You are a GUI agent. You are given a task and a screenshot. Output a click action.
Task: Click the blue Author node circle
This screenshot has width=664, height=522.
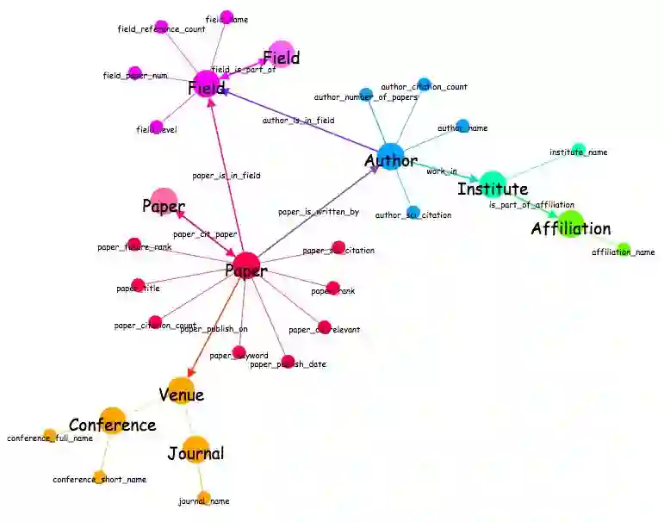point(390,156)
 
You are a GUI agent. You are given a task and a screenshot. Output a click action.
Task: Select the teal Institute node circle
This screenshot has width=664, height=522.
point(492,183)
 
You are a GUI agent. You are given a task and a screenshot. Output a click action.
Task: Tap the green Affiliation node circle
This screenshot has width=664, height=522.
point(569,223)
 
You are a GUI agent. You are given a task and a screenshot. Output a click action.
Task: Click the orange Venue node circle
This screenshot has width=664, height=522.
point(180,390)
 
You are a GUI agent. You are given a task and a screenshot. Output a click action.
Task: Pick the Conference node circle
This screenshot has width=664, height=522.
point(113,420)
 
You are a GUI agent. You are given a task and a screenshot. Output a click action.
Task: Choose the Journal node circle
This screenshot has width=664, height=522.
point(195,449)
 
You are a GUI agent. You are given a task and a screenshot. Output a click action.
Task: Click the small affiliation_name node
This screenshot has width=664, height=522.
point(624,250)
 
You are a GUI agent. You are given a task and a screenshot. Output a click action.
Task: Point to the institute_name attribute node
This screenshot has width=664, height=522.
point(579,149)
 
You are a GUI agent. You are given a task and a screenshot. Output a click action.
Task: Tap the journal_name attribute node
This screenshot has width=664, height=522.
point(204,497)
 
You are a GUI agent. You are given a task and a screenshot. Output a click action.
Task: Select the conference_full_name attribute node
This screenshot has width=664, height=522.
point(50,435)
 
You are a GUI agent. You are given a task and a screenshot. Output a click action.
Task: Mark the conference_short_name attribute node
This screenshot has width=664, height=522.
point(99,475)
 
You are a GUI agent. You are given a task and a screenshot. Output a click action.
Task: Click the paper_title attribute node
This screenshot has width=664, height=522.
point(138,285)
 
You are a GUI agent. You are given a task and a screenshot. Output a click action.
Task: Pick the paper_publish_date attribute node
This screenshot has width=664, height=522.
point(289,362)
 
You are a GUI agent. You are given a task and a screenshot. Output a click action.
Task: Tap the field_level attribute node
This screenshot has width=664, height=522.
point(156,127)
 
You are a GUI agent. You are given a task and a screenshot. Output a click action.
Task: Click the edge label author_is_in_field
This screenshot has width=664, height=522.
point(298,121)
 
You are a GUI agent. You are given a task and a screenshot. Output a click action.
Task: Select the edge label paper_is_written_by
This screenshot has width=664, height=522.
point(319,211)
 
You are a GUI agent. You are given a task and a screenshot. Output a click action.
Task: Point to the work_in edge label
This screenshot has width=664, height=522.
point(442,171)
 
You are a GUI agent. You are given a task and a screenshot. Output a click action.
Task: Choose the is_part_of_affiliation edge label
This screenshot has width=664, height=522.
point(531,205)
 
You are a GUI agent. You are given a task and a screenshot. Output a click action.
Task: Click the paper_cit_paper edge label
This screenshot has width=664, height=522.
point(205,233)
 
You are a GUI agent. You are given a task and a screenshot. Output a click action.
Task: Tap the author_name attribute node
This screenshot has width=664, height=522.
point(462,126)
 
